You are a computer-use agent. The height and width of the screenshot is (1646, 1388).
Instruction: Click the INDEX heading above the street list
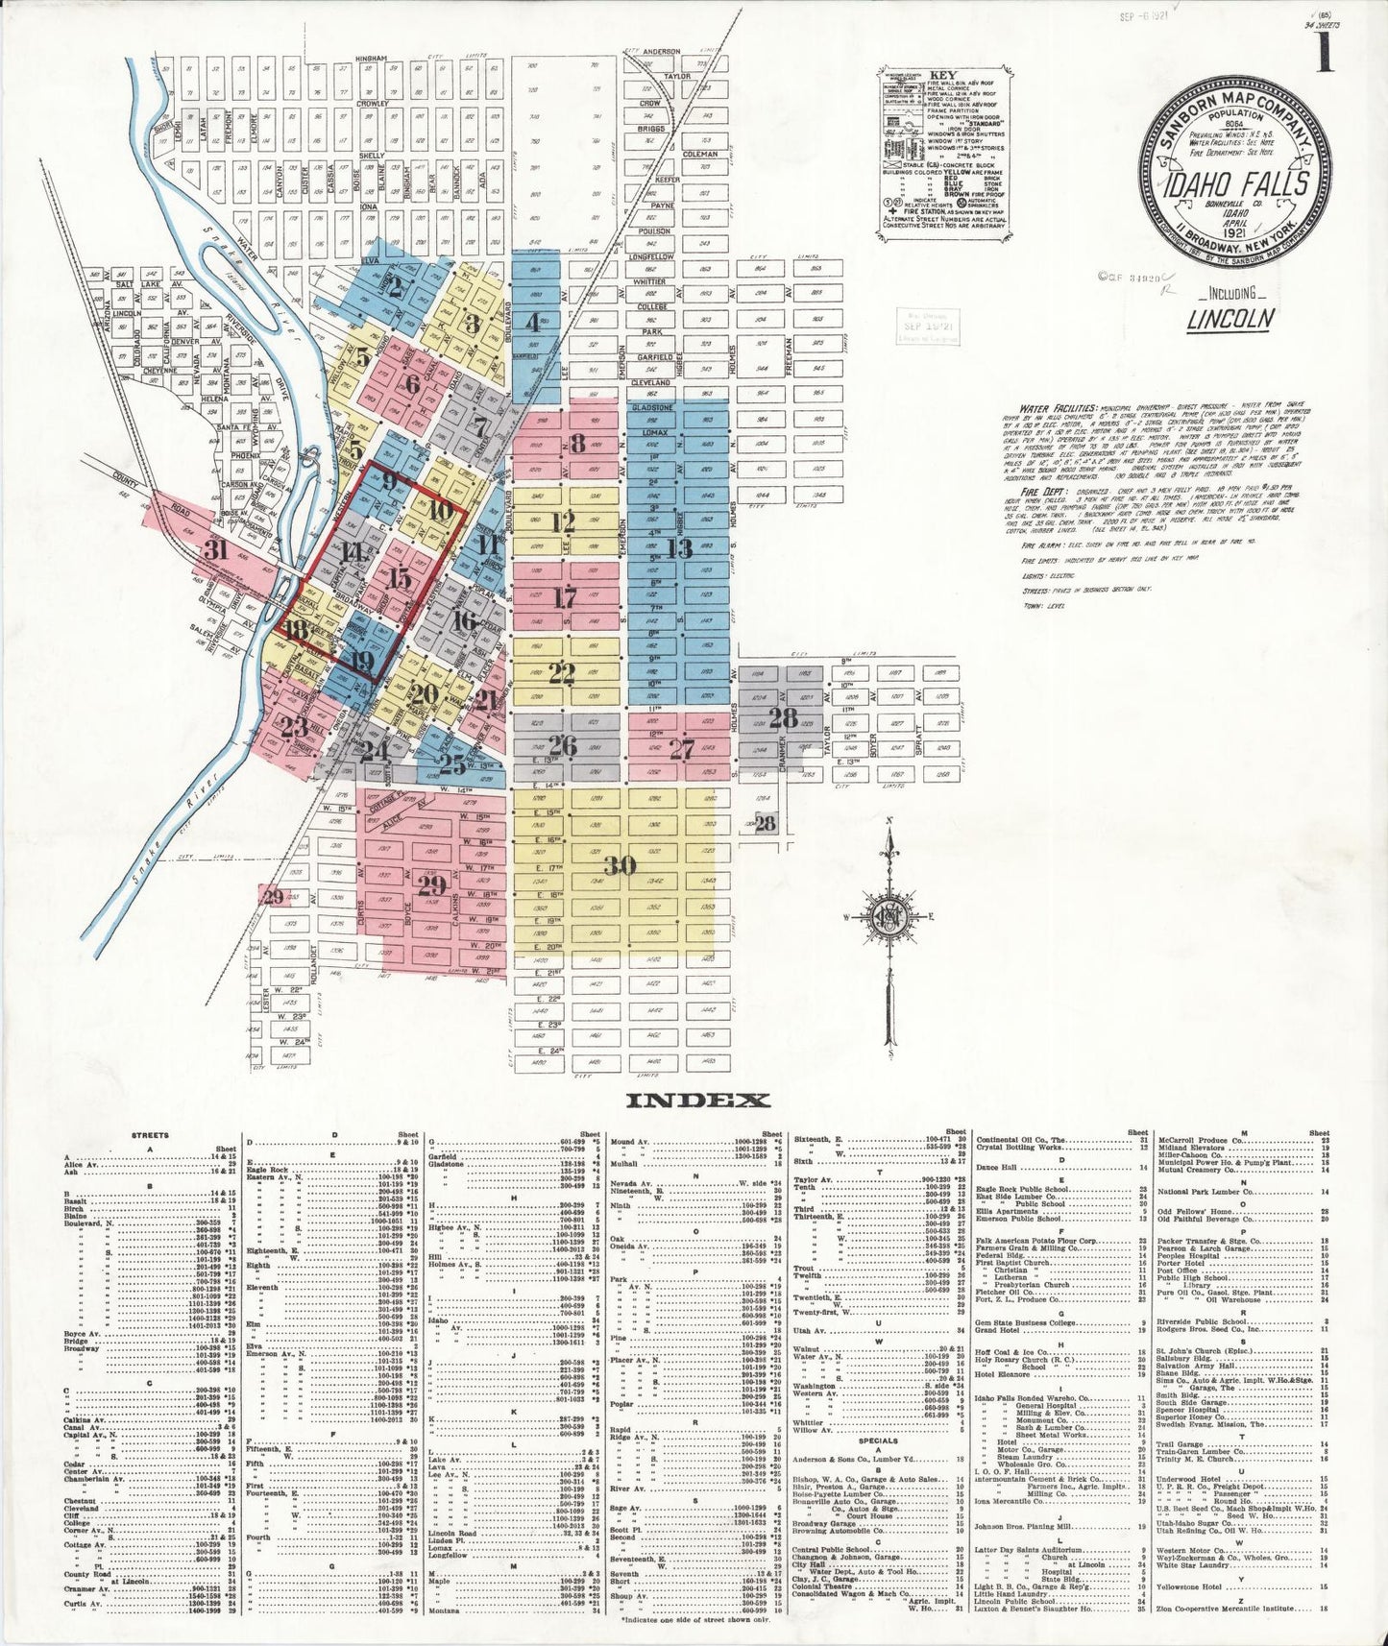point(696,1101)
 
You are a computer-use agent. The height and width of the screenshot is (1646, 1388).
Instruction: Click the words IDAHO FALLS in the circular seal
point(1235,182)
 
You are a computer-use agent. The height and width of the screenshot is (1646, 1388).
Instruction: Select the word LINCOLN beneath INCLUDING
point(1230,319)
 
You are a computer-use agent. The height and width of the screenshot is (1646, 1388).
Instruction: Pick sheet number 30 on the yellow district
point(620,866)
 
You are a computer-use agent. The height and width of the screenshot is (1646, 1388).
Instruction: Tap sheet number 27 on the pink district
point(681,748)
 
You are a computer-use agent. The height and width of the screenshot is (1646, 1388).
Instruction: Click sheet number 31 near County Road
point(216,549)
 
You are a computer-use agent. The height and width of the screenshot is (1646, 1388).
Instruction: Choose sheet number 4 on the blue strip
point(532,323)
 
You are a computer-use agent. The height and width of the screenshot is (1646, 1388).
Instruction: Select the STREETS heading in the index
point(150,1135)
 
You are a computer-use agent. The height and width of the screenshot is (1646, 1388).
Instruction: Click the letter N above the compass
point(890,821)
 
